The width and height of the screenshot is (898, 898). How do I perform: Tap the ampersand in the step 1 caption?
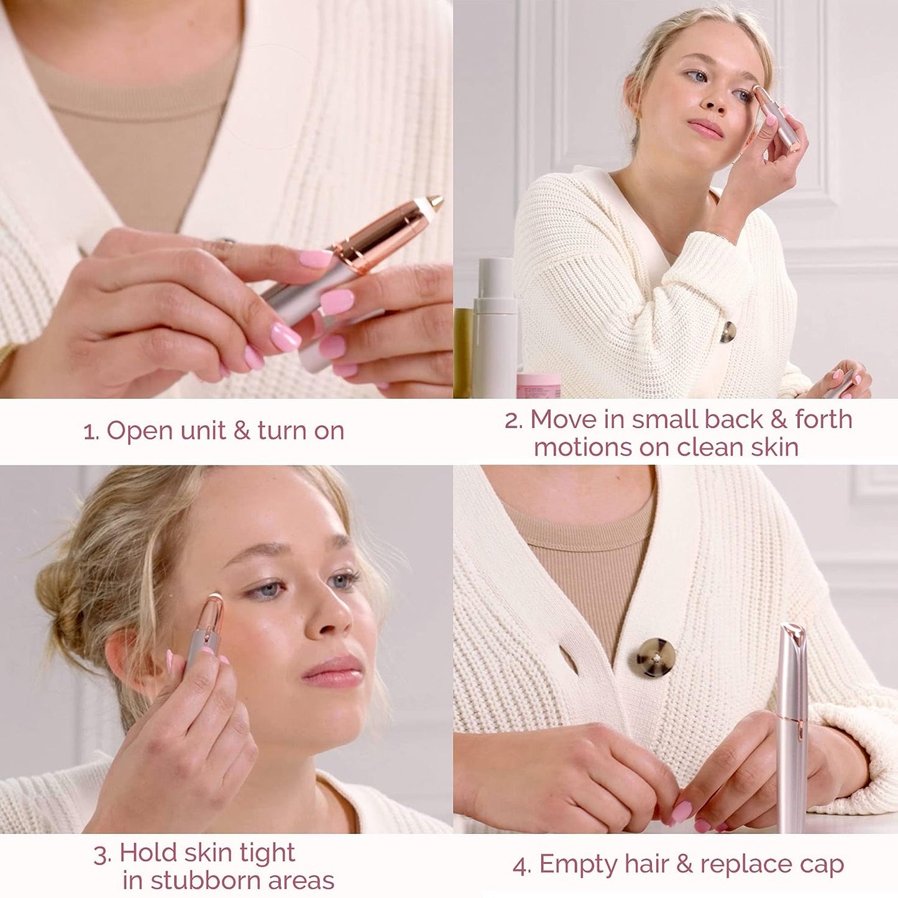242,431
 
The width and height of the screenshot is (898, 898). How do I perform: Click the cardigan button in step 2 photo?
728,332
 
